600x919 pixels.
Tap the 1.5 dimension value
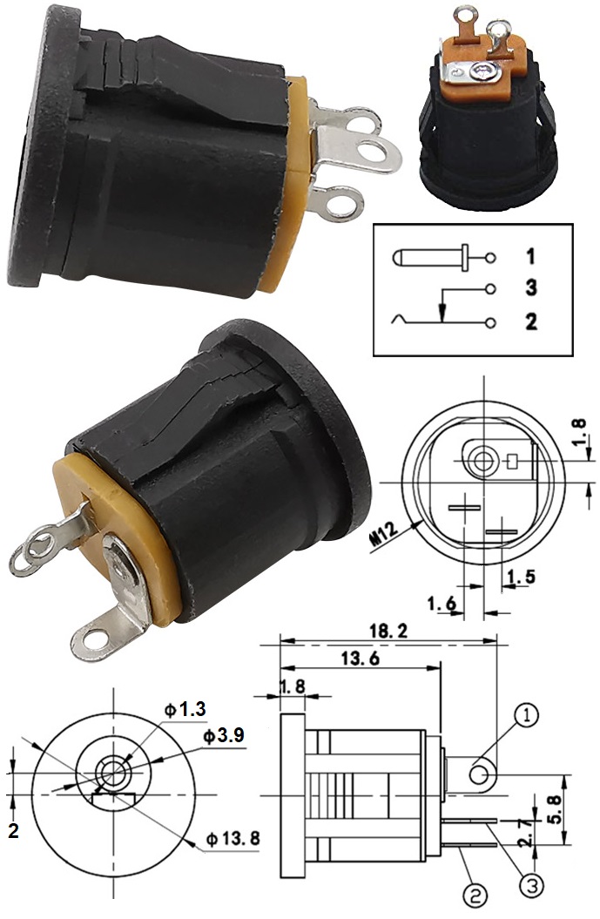(x=520, y=576)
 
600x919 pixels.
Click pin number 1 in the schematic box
(x=530, y=257)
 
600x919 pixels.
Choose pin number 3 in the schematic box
(x=531, y=288)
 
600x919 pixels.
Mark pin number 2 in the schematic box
(x=531, y=322)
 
